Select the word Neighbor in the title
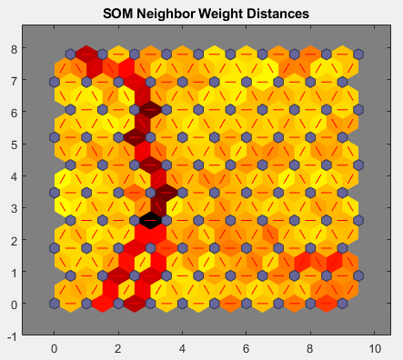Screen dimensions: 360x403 tap(173, 15)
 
